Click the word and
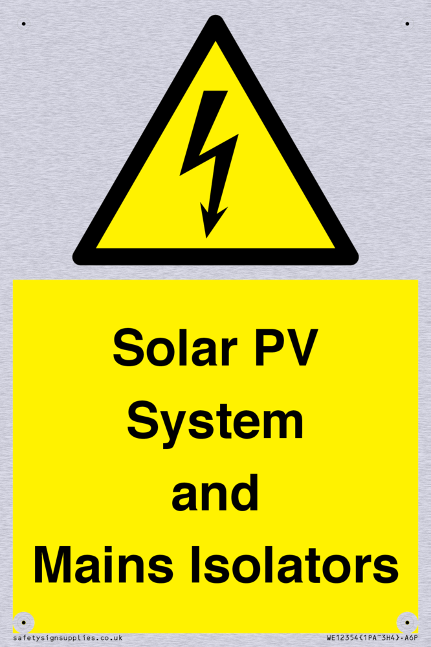[x=215, y=492]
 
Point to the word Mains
[x=103, y=564]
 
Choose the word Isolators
[x=294, y=564]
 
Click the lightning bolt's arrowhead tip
[x=206, y=238]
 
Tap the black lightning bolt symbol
[x=209, y=164]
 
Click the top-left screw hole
[x=23, y=24]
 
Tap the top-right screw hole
[x=407, y=24]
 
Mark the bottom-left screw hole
[x=23, y=622]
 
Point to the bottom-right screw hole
[x=407, y=622]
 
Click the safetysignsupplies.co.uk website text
[x=68, y=639]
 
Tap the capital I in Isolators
[x=194, y=564]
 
